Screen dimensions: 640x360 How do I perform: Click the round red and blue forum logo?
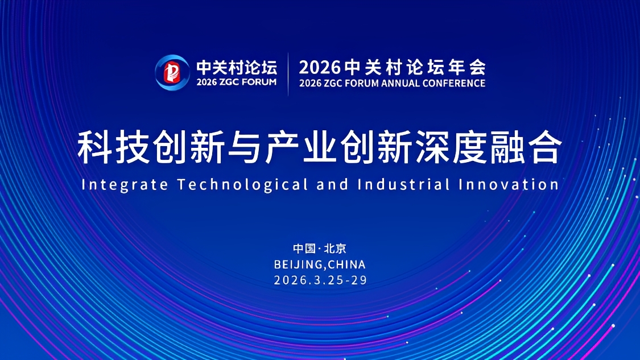click(x=172, y=72)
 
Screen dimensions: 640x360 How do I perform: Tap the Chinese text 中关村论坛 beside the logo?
click(x=236, y=67)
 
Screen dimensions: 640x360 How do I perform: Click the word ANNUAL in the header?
click(x=400, y=83)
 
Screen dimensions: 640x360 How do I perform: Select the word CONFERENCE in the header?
click(x=454, y=83)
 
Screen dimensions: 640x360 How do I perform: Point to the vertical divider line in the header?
click(x=288, y=75)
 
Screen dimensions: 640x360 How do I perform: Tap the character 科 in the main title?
click(x=94, y=147)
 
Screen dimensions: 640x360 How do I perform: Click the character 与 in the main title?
click(x=245, y=147)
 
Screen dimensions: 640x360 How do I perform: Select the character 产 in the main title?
click(x=282, y=147)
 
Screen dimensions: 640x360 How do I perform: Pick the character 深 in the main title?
click(x=432, y=147)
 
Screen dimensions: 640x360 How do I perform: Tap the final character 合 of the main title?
click(x=545, y=147)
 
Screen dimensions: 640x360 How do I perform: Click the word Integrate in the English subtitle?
click(x=125, y=185)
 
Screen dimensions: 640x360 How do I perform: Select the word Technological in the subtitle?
click(x=243, y=185)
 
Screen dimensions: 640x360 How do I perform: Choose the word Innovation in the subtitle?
click(x=509, y=184)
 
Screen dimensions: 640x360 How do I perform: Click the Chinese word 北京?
click(x=335, y=249)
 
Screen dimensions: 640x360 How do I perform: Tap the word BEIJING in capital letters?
click(x=298, y=264)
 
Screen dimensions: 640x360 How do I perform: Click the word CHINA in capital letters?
click(x=346, y=264)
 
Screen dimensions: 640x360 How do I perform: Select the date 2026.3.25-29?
click(x=320, y=280)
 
